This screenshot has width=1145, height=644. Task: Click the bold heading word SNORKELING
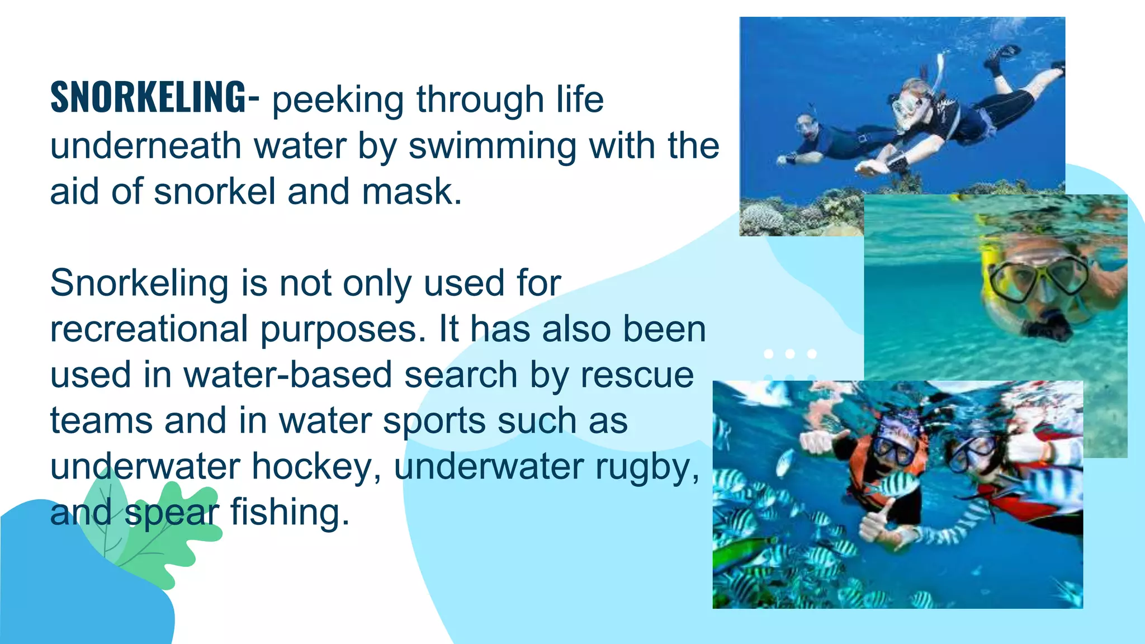coord(148,98)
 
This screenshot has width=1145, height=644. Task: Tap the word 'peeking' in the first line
coord(338,100)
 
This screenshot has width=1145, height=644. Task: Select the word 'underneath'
coord(145,146)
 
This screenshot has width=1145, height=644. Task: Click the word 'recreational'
coord(149,329)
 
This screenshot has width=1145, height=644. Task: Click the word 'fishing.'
coord(290,513)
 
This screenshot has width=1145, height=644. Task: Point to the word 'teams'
coord(101,421)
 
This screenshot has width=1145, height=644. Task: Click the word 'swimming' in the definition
coord(492,146)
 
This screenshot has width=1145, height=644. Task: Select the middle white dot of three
coord(790,354)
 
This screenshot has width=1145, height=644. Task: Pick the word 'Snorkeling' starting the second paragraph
coord(139,283)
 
